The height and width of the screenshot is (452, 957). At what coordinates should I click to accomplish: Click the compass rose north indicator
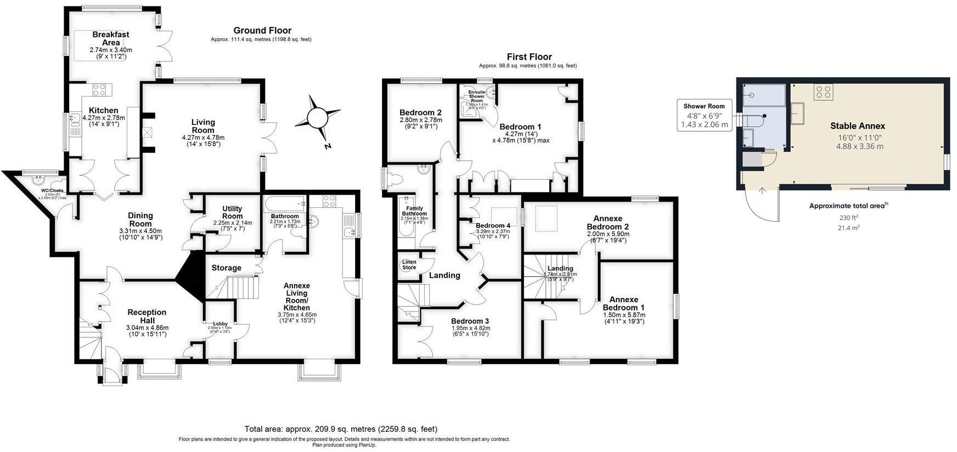pos(317,117)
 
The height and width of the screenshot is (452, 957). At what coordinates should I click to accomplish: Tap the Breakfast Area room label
pos(111,38)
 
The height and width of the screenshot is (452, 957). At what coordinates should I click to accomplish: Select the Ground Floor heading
pos(262,30)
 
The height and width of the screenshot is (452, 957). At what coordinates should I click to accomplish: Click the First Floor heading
pos(529,56)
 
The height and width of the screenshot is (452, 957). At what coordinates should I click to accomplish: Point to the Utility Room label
pos(232,212)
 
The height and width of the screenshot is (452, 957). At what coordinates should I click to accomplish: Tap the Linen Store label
pos(409,264)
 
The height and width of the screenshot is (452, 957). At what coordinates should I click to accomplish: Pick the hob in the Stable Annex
pos(823,91)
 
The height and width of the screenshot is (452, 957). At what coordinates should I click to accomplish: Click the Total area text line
pos(340,428)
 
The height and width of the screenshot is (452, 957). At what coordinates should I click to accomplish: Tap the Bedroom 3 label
pos(470,321)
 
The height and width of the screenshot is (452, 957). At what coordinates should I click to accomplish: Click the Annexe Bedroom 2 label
pos(607,222)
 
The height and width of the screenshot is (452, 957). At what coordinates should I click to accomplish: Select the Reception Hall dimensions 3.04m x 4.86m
pos(147,327)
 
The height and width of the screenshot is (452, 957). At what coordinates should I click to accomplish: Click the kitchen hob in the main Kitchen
pos(99,89)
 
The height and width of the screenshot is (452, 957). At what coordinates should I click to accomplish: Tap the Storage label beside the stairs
pos(227,268)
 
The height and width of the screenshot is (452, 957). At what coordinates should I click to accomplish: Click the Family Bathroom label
pos(414,211)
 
